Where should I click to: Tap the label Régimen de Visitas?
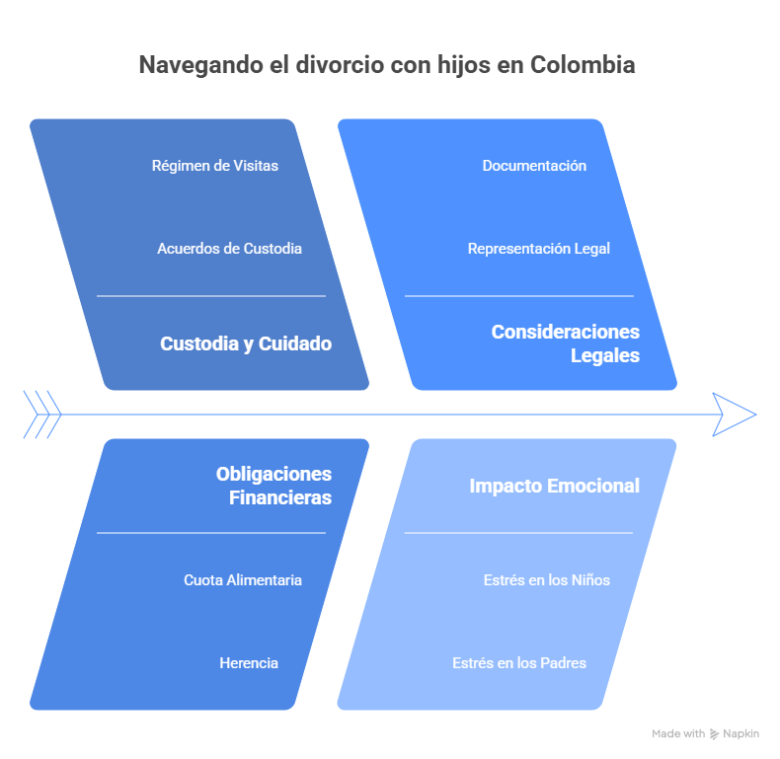[x=215, y=166]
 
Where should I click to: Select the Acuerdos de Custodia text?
[x=229, y=249]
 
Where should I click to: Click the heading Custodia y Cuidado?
[x=246, y=344]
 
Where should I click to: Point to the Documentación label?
[x=534, y=166]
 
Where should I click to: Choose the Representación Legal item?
[x=539, y=249]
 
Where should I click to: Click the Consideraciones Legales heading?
[x=566, y=343]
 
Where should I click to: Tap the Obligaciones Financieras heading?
[x=274, y=486]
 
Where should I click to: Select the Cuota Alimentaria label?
[x=243, y=580]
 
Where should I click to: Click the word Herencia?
[x=249, y=663]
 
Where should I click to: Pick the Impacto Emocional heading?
[x=555, y=486]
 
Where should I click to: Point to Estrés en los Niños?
[x=547, y=580]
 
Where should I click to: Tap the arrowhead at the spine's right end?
[x=734, y=414]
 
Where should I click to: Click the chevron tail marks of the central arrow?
[x=42, y=414]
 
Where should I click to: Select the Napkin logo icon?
[x=715, y=734]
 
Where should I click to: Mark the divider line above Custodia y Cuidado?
[x=211, y=295]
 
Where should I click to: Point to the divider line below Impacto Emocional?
[x=519, y=533]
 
